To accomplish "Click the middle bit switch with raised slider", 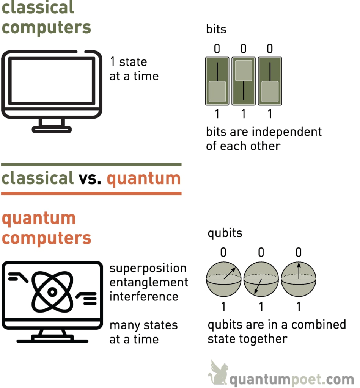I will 243,81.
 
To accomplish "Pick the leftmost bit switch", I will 217,81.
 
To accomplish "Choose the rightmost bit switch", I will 270,81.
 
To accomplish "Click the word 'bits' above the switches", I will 216,29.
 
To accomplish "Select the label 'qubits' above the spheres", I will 225,233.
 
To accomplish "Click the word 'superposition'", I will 148,269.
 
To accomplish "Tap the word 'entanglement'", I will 149,283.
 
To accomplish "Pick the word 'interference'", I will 144,296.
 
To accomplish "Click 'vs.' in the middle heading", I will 90,178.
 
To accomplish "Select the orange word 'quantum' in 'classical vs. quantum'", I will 144,178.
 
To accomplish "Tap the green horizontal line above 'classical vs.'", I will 91,165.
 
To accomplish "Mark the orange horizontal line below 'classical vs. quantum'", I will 91,193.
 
